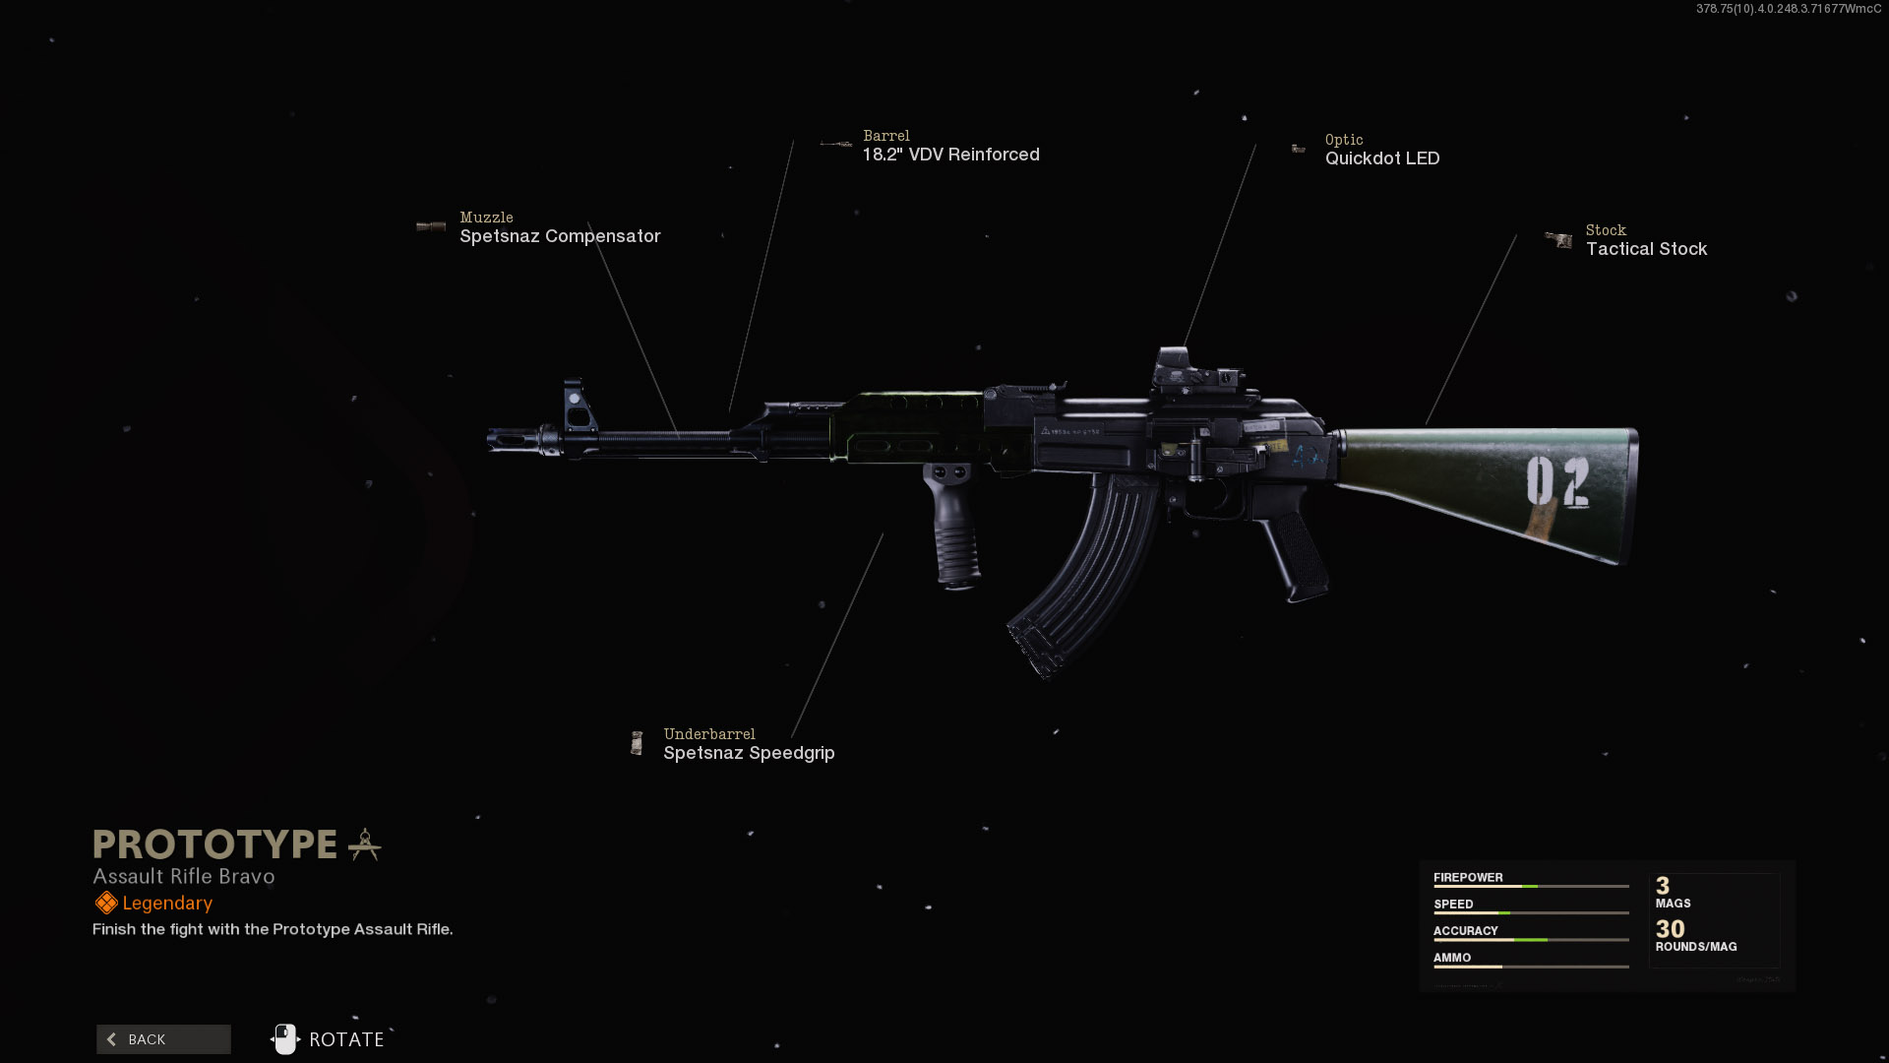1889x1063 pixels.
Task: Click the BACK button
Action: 163,1039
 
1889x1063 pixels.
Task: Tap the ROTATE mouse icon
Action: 285,1039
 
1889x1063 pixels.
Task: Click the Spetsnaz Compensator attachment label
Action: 560,236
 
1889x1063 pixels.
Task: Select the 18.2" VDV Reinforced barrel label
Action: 950,155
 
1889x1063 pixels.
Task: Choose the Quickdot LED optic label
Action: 1381,158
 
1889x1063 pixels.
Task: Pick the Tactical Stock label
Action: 1646,249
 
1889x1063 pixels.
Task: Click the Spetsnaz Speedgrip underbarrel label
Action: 749,753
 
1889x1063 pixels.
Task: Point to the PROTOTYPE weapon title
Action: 215,844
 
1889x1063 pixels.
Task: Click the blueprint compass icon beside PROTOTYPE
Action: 365,844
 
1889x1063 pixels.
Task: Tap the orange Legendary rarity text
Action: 167,904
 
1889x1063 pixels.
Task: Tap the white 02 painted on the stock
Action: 1556,483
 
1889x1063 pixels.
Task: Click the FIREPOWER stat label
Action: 1468,878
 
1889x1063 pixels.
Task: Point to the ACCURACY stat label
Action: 1465,931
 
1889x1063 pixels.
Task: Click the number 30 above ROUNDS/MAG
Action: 1670,929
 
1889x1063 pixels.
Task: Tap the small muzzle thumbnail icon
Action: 431,226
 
